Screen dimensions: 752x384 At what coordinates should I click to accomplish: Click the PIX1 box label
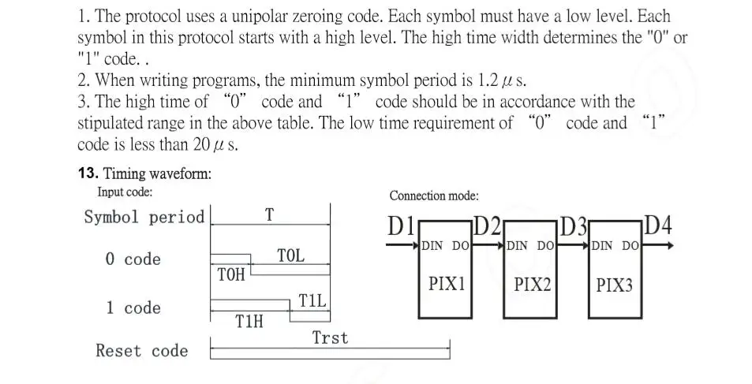point(446,283)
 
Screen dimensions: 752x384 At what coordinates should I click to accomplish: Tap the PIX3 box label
point(614,285)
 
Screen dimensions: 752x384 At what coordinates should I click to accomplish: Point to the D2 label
point(488,226)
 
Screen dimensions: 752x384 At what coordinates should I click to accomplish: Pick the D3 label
point(574,226)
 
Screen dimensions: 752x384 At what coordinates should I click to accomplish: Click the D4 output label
point(659,226)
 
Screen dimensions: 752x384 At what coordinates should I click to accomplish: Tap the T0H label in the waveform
point(230,275)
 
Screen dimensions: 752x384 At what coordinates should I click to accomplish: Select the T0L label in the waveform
point(290,255)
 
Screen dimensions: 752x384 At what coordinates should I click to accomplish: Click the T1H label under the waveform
point(249,321)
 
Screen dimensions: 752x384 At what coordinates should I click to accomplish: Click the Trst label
point(329,338)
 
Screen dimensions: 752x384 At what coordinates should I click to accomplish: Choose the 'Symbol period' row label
point(144,217)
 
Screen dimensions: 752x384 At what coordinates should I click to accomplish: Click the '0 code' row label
point(133,259)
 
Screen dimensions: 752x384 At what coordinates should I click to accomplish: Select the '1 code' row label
point(133,308)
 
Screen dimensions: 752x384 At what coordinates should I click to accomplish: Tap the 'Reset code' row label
point(142,351)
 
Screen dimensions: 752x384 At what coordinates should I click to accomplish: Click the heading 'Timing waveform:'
point(157,174)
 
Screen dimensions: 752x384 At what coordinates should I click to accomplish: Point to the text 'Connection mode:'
point(434,196)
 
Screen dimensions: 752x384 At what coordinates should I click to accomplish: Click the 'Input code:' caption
point(125,192)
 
